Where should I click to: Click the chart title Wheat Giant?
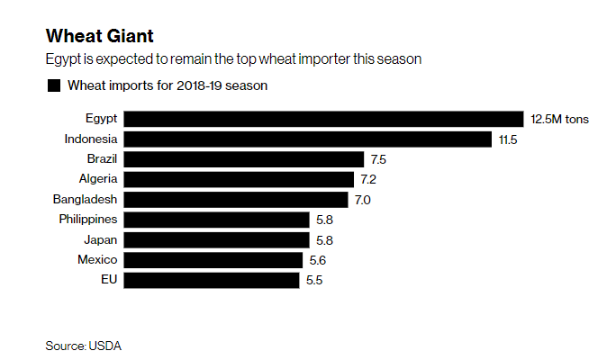99,37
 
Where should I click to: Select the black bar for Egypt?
323,119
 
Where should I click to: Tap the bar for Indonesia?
307,139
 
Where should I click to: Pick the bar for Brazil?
243,159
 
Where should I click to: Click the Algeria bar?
238,179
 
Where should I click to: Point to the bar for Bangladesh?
235,199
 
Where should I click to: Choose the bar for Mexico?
213,259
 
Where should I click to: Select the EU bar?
211,280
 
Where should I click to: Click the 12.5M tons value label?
560,119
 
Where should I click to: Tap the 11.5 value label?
507,139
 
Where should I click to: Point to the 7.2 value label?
369,179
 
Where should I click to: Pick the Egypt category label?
102,119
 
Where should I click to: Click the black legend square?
53,86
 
